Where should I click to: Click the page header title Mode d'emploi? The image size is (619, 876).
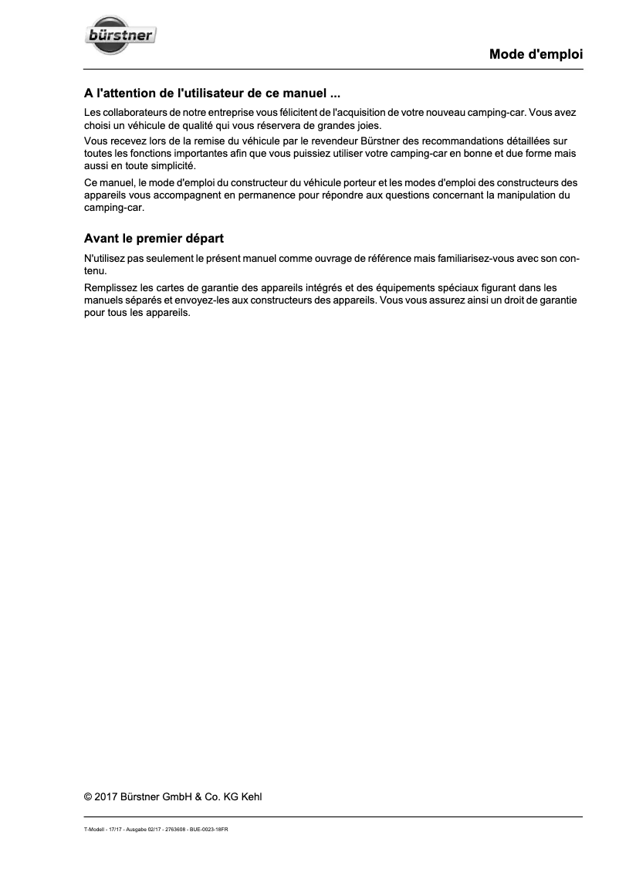tap(536, 55)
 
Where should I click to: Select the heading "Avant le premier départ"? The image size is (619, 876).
tap(154, 239)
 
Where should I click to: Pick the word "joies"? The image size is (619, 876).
tap(367, 125)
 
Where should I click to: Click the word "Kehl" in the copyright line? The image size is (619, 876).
tap(252, 797)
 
